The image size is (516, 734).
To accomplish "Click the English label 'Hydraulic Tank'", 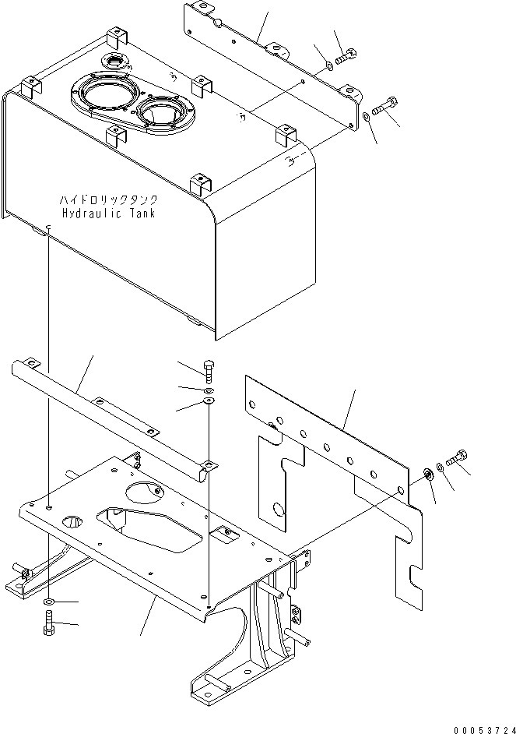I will (108, 213).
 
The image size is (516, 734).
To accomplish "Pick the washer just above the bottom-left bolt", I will (49, 603).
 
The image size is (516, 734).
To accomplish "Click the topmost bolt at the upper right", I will (347, 57).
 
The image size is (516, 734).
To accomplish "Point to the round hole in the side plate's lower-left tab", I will (278, 510).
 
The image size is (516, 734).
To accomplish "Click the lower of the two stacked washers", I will (208, 402).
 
